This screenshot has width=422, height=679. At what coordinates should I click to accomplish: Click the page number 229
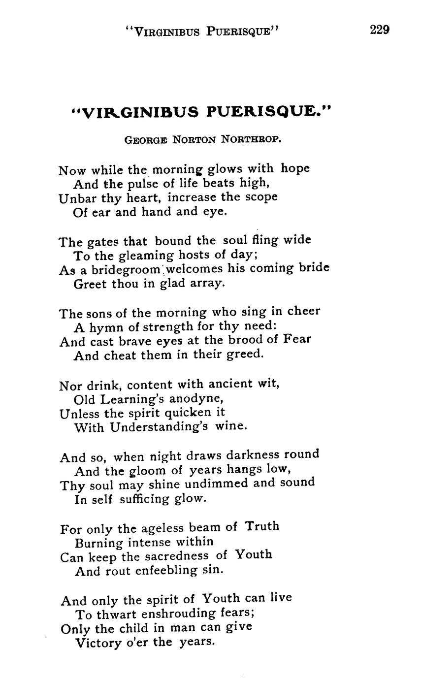380,30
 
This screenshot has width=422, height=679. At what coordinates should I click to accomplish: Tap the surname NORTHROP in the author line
251,139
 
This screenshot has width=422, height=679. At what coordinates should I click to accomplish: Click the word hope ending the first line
295,168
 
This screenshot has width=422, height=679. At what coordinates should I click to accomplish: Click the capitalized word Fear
297,339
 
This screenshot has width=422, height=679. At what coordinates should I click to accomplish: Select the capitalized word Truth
262,526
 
